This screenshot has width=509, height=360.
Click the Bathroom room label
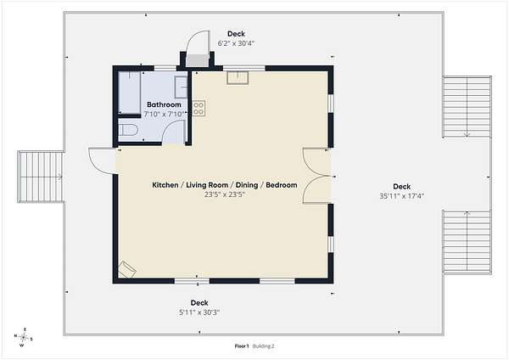[x=164, y=104]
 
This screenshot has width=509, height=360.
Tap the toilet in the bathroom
[x=128, y=130]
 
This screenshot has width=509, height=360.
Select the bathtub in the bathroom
[x=129, y=93]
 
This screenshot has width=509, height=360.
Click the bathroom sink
[x=182, y=87]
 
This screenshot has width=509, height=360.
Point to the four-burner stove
[x=199, y=109]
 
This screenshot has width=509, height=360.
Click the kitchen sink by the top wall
[x=238, y=78]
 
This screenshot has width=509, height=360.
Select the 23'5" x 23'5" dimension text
[x=224, y=194]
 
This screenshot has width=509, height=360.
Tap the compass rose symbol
[x=24, y=337]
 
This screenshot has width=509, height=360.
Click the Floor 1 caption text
[x=242, y=346]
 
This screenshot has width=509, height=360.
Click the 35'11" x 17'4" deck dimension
[x=402, y=196]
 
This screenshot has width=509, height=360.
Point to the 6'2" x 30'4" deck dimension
[x=236, y=43]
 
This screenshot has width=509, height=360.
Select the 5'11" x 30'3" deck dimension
[x=199, y=312]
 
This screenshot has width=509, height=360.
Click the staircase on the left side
[x=41, y=177]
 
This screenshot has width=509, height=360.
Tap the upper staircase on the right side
[x=467, y=107]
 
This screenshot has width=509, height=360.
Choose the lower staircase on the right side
[x=467, y=242]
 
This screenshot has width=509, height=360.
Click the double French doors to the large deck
[x=316, y=176]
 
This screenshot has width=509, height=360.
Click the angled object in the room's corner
[x=126, y=269]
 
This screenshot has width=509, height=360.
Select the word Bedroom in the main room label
[x=282, y=185]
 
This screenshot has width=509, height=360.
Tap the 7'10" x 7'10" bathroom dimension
[x=164, y=114]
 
